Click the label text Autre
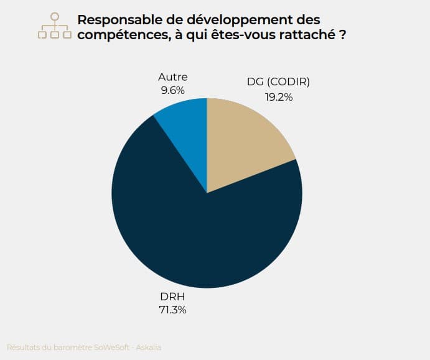pyautogui.click(x=173, y=77)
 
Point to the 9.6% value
pyautogui.click(x=173, y=90)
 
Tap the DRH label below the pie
pyautogui.click(x=173, y=297)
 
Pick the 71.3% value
pyautogui.click(x=173, y=310)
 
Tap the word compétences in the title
pyautogui.click(x=121, y=35)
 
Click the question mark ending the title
pyautogui.click(x=343, y=35)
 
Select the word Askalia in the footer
pyautogui.click(x=149, y=347)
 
